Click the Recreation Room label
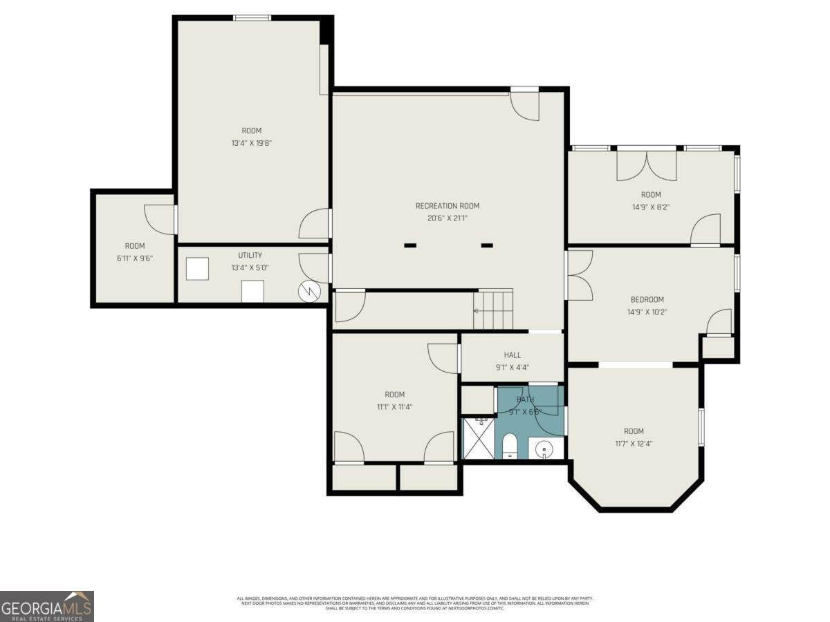tap(447, 205)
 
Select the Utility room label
tap(250, 255)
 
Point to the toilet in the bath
tap(510, 445)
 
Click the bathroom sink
tap(546, 449)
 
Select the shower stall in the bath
tap(478, 438)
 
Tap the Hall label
tap(512, 355)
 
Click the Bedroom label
tap(647, 299)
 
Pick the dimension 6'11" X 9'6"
tap(135, 258)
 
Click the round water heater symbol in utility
tap(308, 292)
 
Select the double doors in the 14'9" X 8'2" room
tap(647, 166)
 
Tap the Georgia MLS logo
tap(46, 606)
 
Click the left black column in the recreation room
tap(410, 245)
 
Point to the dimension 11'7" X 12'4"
tap(633, 444)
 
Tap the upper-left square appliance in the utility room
tap(197, 269)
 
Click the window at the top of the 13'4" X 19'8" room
tap(251, 17)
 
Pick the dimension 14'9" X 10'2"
tap(647, 312)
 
